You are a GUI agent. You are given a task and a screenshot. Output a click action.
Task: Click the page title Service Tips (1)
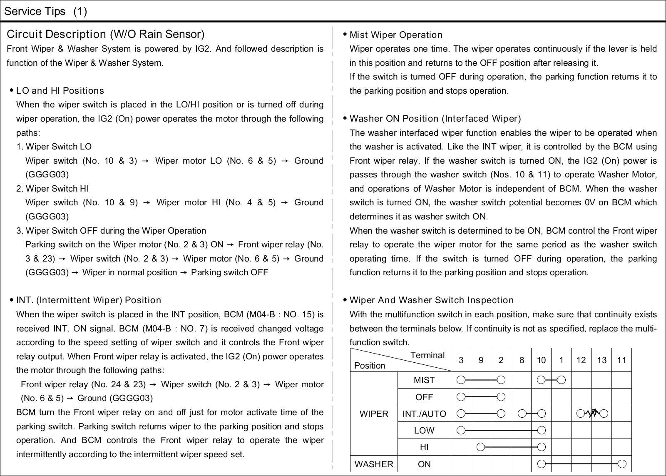(x=45, y=11)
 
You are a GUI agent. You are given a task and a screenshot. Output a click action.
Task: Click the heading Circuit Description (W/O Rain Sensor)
(x=106, y=34)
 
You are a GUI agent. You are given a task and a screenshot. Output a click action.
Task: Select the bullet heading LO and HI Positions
(x=60, y=91)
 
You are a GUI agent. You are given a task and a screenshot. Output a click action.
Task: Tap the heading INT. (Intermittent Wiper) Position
(x=88, y=300)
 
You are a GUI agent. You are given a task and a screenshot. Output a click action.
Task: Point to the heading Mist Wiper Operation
(x=396, y=35)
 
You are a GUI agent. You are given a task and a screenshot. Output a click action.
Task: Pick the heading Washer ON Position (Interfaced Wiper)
(x=435, y=119)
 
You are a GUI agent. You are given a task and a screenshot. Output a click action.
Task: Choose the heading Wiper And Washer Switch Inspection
(x=431, y=300)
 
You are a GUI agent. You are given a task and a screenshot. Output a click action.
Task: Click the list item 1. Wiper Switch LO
(x=54, y=147)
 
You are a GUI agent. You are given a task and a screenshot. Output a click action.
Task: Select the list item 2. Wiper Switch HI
(x=53, y=189)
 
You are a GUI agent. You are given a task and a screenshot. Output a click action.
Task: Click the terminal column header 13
(x=601, y=360)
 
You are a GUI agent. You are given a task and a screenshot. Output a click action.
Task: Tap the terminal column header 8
(x=521, y=360)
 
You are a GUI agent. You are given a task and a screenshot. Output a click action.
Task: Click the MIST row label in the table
(x=424, y=380)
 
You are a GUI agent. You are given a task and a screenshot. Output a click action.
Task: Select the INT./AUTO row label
(x=424, y=414)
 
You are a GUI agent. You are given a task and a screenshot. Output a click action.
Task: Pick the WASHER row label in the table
(x=373, y=464)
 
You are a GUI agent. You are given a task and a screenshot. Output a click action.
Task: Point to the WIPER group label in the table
(x=373, y=414)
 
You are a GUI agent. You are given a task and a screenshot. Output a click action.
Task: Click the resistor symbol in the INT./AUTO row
(x=592, y=414)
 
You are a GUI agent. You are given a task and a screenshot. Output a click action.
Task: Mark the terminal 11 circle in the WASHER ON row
(x=622, y=464)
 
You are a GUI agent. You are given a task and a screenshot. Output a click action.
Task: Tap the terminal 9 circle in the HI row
(x=481, y=447)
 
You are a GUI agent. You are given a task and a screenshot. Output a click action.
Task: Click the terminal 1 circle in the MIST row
(x=562, y=380)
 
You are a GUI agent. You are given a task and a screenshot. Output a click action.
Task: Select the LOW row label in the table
(x=424, y=431)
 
